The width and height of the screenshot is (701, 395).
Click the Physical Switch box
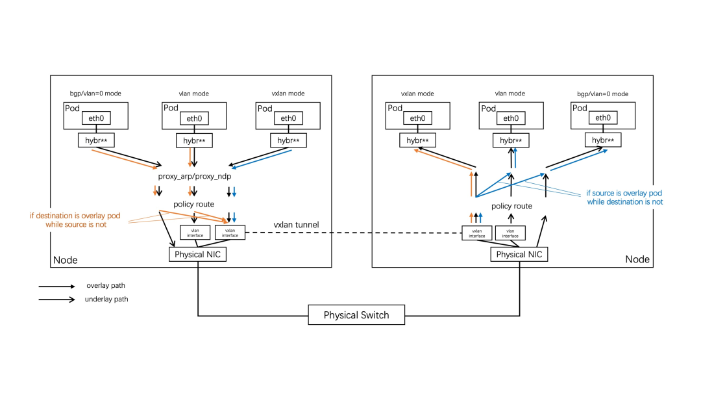pos(356,315)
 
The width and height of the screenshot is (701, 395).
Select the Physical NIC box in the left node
pos(198,255)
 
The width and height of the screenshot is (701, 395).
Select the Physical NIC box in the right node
pos(519,255)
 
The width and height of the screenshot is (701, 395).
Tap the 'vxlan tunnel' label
pos(295,225)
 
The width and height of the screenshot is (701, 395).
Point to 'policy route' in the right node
pos(512,206)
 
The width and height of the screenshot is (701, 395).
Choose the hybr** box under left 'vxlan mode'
pos(288,140)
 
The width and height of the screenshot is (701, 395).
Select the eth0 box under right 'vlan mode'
pos(511,118)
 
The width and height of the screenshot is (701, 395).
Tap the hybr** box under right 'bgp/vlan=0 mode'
pos(603,140)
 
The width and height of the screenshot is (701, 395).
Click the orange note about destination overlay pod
pos(77,220)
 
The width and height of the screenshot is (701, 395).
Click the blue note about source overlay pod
pos(624,197)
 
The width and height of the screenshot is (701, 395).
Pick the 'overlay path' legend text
pos(106,286)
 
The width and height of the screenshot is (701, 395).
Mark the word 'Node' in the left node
pos(65,260)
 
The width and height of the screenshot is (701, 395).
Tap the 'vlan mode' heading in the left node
pos(192,94)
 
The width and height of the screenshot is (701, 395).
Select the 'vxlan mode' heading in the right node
pos(417,94)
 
